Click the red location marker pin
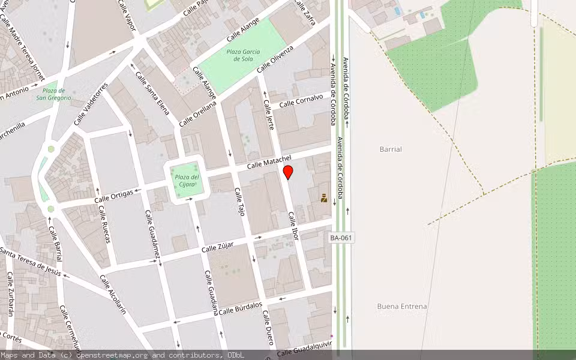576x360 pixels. [x=288, y=172]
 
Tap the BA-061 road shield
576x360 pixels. [x=341, y=238]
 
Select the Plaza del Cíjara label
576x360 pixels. [x=187, y=180]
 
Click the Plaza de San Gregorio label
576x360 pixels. [x=53, y=94]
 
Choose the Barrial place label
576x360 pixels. [x=391, y=149]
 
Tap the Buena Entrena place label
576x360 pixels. [x=402, y=306]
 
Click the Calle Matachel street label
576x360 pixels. [x=269, y=161]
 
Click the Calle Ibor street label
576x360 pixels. [x=293, y=226]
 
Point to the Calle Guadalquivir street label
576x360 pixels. [x=304, y=349]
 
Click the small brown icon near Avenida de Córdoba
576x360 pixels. [x=324, y=198]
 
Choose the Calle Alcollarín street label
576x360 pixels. [x=113, y=295]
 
